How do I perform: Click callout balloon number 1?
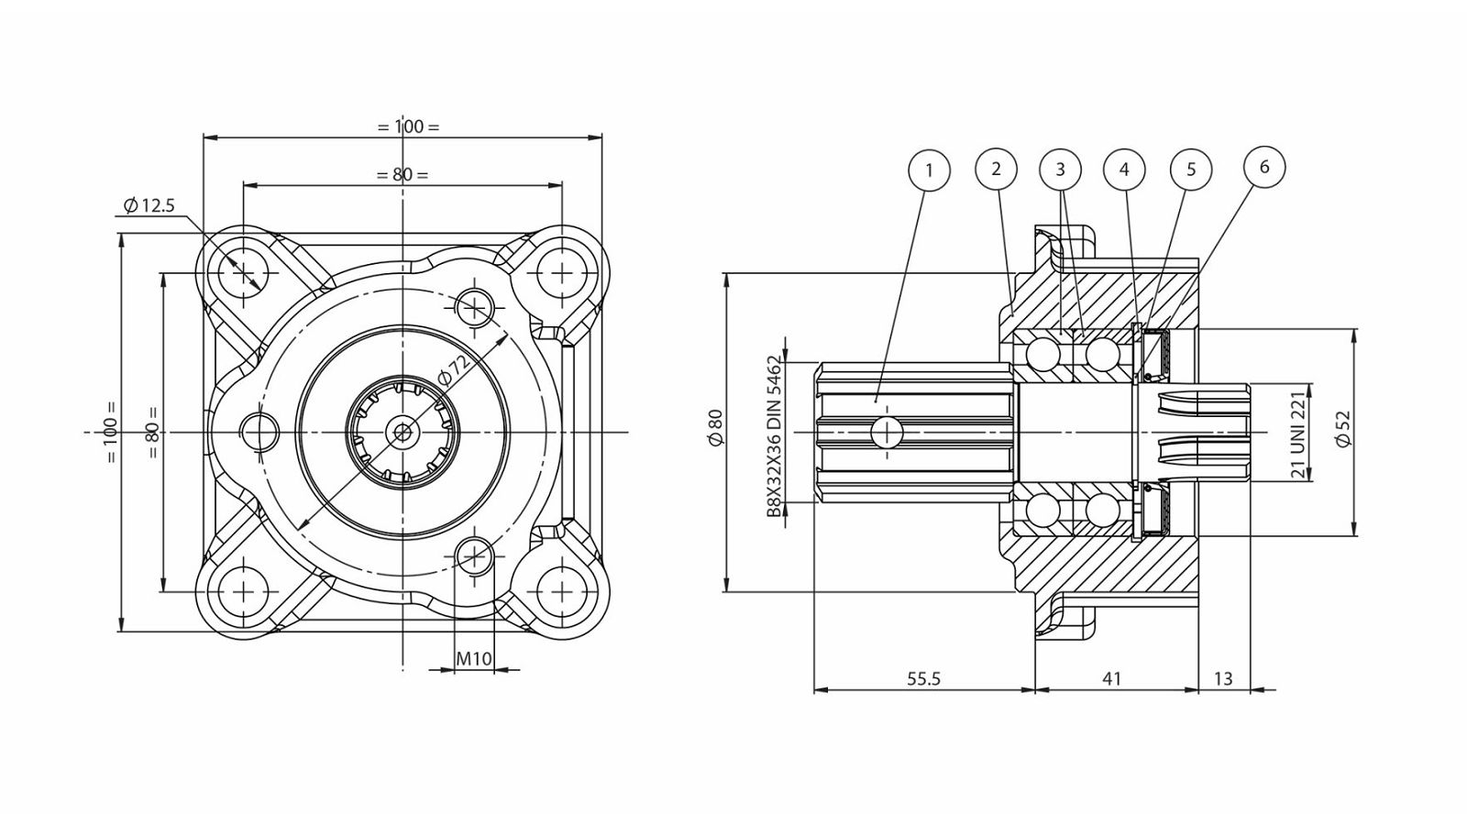(x=929, y=170)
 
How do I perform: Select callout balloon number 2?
(x=996, y=169)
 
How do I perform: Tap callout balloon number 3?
(x=1060, y=170)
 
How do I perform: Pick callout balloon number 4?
(x=1124, y=170)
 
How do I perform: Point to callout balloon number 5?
(x=1191, y=170)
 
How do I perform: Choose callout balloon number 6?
(x=1264, y=167)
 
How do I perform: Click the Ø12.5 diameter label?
(x=149, y=205)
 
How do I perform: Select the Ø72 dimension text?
(x=453, y=370)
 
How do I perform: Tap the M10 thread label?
(x=473, y=659)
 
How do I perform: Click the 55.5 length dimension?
(x=923, y=679)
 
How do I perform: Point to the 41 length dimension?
(x=1112, y=679)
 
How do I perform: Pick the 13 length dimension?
(x=1223, y=679)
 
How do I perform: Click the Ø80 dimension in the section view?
(x=715, y=427)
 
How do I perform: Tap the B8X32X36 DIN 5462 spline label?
(x=775, y=436)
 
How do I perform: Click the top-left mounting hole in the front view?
(x=243, y=271)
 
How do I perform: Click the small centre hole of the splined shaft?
(x=403, y=432)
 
